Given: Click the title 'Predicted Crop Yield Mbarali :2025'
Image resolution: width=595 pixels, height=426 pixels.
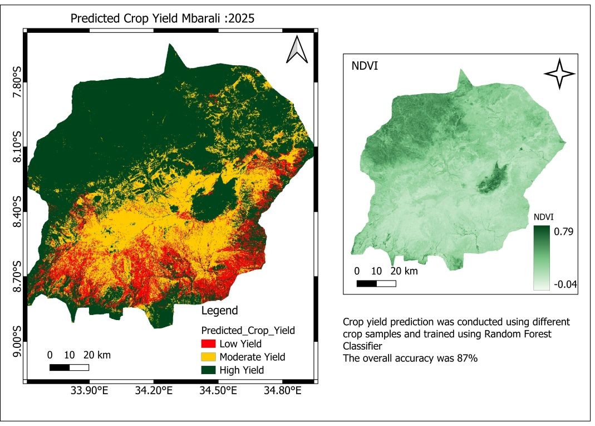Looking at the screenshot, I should [163, 18].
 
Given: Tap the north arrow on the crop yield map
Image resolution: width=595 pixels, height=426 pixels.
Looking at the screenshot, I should [297, 50].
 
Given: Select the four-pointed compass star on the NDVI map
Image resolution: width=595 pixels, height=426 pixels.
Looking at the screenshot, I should [558, 74].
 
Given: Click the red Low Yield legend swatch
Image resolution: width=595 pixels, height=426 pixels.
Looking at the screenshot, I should [209, 344].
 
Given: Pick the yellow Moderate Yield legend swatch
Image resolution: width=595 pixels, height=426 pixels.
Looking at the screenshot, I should [209, 357].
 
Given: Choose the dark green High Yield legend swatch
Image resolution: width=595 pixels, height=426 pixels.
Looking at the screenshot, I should [209, 370].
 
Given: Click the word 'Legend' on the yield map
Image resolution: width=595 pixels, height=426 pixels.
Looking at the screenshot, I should [219, 311].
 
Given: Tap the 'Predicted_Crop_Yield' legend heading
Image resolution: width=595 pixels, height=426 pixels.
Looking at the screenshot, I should [248, 330].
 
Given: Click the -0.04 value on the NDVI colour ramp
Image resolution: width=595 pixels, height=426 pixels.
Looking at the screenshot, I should [564, 284].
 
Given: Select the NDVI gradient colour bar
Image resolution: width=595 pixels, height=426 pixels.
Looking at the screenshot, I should [541, 258].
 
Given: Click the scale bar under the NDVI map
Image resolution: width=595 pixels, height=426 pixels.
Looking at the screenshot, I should [376, 283].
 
